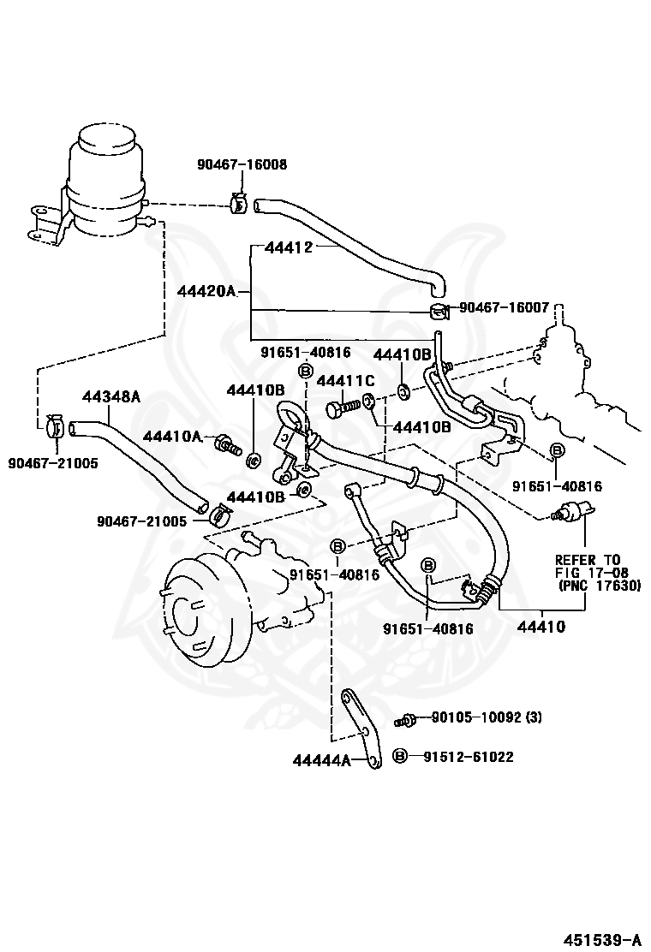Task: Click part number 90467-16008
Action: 241,164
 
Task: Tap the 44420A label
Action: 206,291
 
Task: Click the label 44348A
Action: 111,396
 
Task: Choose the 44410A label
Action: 171,437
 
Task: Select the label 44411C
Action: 346,379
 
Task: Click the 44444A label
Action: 321,759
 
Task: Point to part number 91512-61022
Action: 468,756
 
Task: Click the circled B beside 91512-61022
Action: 400,756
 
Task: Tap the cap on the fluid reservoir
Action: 105,138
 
